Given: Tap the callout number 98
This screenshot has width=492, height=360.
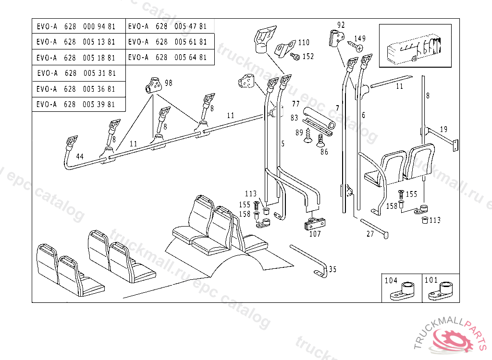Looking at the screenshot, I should coord(168,83).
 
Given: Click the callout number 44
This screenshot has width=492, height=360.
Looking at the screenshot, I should coord(80,157).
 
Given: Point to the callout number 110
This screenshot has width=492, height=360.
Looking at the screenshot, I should coord(304,43).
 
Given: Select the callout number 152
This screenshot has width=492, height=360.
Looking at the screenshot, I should coord(308,57).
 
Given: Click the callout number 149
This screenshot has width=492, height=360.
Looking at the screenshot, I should coord(359,38).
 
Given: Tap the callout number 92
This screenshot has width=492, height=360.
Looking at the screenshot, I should coord(341,25).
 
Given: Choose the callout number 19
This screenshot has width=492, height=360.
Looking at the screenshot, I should coord(443,129).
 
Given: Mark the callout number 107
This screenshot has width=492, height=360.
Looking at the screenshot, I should coord(315,234).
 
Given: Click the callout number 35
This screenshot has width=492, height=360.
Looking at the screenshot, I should coord(332,269).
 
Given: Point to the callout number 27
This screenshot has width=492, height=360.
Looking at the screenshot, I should coord(370,234).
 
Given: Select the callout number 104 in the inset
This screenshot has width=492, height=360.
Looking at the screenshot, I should coord(392,280).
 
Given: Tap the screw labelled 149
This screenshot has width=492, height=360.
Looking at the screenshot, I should coord(356,47).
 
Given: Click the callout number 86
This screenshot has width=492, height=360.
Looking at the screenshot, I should coord(324,152).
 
